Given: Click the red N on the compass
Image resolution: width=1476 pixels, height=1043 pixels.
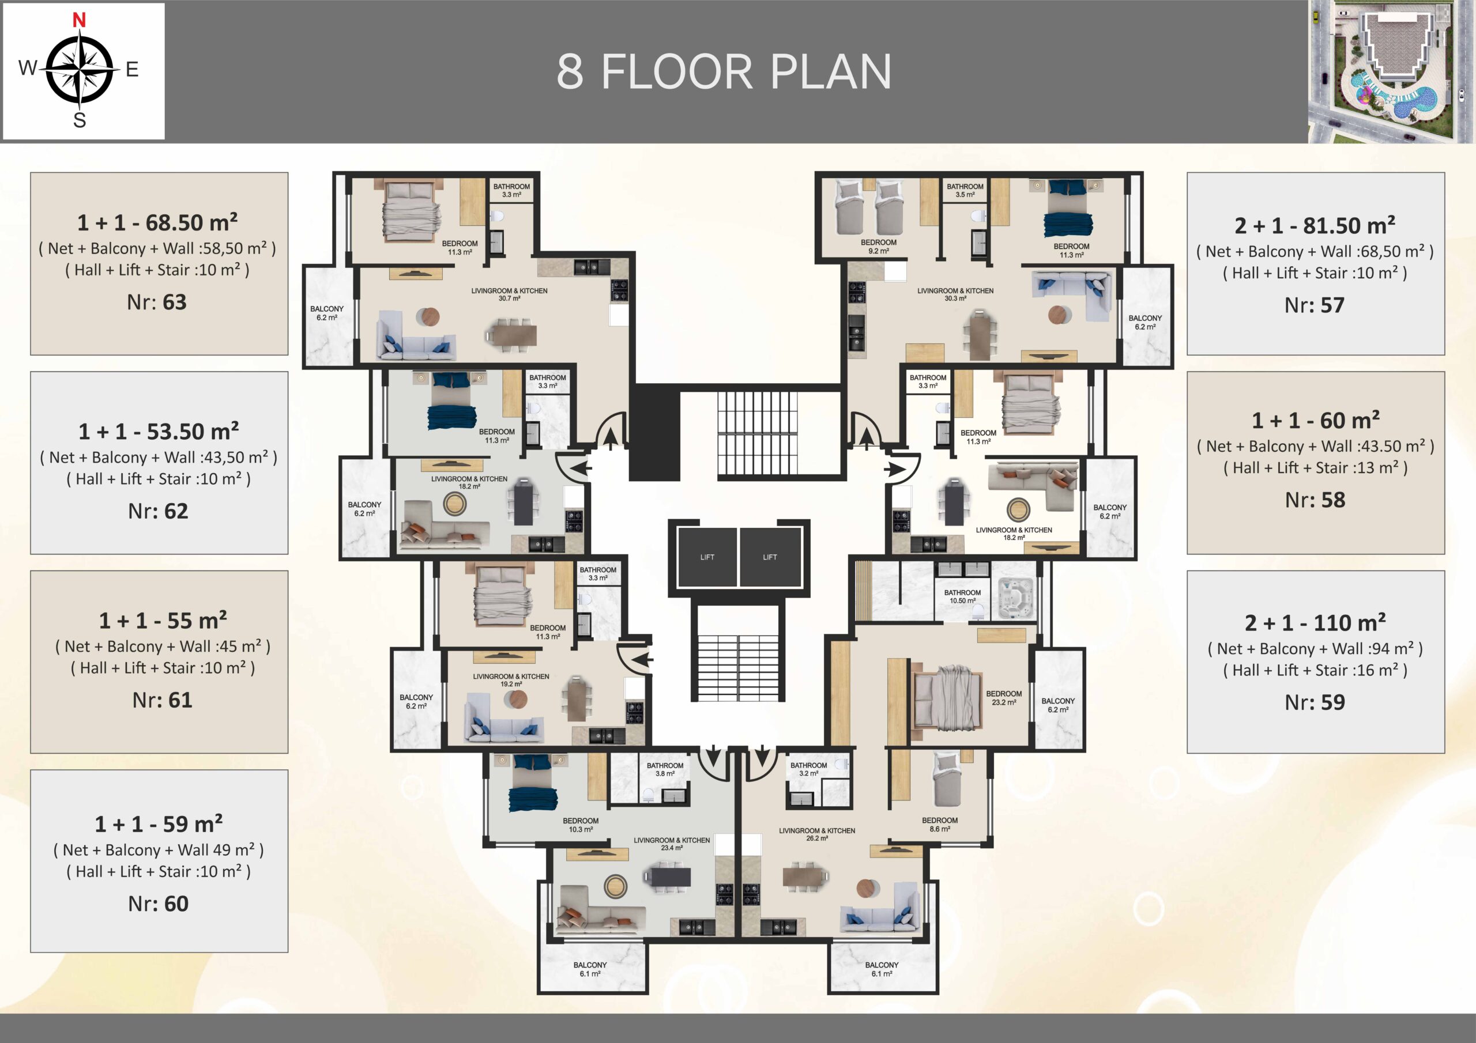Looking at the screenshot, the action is pos(79,20).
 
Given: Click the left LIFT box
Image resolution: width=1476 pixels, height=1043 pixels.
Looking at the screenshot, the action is pos(707,557).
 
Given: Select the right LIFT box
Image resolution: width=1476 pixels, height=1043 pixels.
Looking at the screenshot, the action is pos(770,557).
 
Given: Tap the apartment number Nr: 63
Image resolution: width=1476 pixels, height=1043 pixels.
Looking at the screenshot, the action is pos(157,302).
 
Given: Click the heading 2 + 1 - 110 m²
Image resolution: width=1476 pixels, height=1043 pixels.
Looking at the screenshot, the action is pos(1315,622).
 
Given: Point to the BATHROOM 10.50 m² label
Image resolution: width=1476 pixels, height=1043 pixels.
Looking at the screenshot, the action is pos(962,596).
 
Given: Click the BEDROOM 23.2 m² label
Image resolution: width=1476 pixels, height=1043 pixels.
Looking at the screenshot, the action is pos(1003,698).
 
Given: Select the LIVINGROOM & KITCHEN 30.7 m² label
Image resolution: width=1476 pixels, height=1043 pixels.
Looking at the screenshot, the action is pos(509,294).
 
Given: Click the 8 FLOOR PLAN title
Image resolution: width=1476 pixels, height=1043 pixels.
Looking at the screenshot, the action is pos(724,71).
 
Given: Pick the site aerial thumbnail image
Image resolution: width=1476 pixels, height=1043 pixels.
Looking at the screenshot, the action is pos(1391,71).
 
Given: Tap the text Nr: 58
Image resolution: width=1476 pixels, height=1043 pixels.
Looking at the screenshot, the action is pos(1315,500).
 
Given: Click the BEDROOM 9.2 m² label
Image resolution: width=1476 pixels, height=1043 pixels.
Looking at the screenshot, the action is pos(878,247).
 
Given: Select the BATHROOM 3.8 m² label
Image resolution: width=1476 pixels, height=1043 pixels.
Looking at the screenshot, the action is pos(665,769).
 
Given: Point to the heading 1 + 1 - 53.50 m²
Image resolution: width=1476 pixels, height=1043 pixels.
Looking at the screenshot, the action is pos(159,431).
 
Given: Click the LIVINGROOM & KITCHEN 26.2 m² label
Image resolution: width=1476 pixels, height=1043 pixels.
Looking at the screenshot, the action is pos(817,834).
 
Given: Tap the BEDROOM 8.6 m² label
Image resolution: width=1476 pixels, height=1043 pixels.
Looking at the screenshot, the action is pos(939,825).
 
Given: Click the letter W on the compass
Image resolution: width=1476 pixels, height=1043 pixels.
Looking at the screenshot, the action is pos(28,67).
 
